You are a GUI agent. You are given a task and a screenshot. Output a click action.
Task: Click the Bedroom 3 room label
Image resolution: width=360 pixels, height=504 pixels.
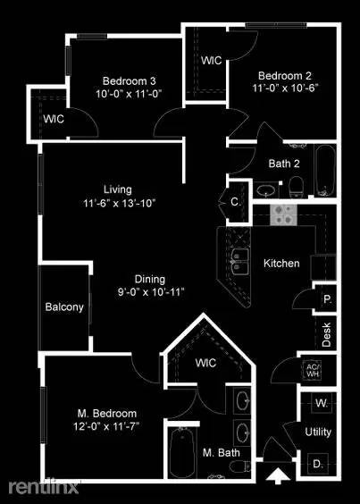(x=130, y=80)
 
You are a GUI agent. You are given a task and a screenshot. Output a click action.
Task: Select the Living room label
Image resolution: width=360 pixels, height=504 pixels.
(x=118, y=189)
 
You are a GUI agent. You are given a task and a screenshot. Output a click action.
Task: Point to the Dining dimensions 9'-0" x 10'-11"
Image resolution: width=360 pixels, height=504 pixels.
(x=150, y=292)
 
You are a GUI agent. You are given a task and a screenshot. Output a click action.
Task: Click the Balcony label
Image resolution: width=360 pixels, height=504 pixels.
(x=64, y=307)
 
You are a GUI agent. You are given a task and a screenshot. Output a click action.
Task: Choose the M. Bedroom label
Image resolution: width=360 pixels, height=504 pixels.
(x=107, y=414)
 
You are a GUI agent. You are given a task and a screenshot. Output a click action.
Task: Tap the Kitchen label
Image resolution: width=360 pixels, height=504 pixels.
(x=281, y=264)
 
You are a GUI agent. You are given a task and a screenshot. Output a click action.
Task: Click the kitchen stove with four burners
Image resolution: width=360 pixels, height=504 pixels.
(x=283, y=214)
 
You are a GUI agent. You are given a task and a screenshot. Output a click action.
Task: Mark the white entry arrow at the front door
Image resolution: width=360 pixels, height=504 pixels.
(x=278, y=475)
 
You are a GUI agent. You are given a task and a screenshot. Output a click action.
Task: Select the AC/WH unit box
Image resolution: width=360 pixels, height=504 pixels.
(x=312, y=370)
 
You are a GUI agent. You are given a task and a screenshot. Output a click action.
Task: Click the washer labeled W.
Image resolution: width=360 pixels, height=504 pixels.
(x=321, y=403)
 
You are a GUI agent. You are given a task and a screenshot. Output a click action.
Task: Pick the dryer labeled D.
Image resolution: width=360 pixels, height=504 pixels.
(x=318, y=464)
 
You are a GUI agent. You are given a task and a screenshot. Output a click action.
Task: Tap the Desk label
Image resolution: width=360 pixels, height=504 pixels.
(x=326, y=334)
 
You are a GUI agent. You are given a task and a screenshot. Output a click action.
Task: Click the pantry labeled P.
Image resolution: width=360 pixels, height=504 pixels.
(x=327, y=298)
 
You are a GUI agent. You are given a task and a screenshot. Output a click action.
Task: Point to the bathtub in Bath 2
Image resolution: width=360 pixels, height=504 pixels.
(x=324, y=172)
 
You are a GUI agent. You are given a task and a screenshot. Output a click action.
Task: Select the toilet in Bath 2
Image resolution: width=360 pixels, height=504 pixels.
(x=296, y=188)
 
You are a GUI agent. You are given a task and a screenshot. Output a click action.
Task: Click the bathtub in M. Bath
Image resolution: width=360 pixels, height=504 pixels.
(x=182, y=452)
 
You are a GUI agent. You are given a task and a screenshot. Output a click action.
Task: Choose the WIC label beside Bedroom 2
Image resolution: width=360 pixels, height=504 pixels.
(x=211, y=60)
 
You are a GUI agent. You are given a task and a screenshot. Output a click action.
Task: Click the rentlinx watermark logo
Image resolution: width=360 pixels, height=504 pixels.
(x=44, y=487)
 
